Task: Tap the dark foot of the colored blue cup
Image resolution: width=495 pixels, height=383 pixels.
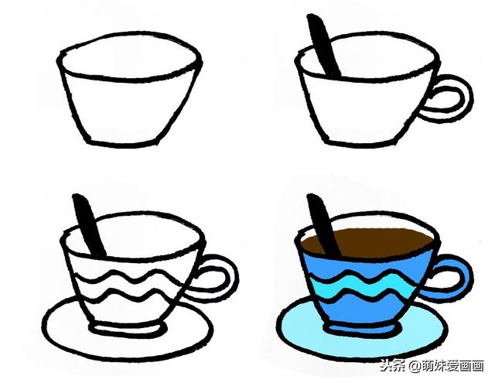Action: pos(364,331)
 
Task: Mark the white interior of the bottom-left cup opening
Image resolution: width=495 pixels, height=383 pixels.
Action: pos(147,232)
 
